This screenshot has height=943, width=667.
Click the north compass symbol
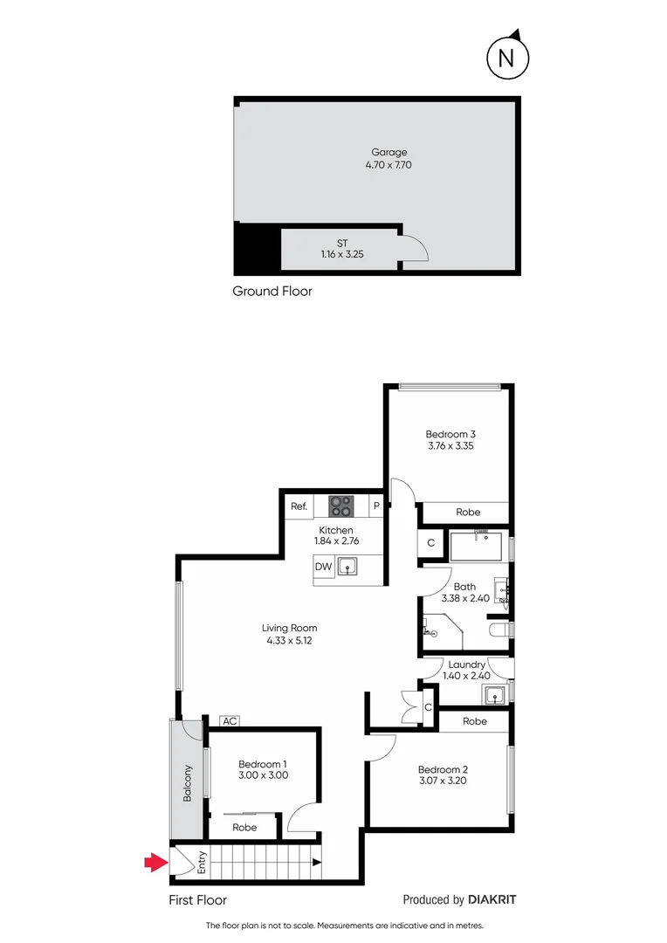point(505,58)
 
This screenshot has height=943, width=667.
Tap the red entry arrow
point(155,863)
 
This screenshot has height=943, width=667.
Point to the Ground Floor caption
point(272,292)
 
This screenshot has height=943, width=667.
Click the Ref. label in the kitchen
point(299,506)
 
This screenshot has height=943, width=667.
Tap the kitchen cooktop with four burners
point(340,506)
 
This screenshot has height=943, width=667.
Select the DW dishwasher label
point(323,568)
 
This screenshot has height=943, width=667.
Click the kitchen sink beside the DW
point(349,568)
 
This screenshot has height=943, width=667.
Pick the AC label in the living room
point(230,721)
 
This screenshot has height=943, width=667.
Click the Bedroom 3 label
point(450,434)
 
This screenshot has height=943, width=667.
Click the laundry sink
point(495,695)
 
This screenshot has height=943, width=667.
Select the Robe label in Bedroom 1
point(244,827)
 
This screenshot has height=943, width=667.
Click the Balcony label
point(187,783)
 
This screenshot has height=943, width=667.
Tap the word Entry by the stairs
point(203,864)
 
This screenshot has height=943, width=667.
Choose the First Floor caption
point(197,899)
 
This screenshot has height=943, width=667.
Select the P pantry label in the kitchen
point(376,506)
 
